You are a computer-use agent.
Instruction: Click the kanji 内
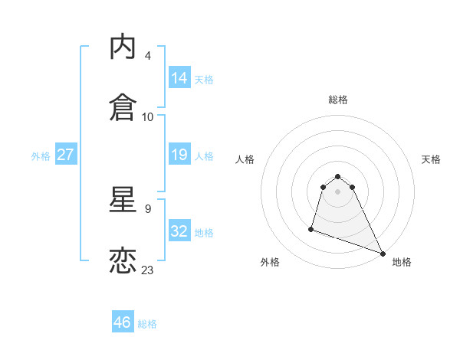coord(123,47)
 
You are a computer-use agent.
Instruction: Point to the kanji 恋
coord(123,260)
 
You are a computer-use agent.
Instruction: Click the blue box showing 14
coord(179,78)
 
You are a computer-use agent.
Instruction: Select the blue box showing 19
coord(179,155)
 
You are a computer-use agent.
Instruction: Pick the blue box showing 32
coord(179,231)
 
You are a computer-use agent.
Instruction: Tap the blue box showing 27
coord(65,155)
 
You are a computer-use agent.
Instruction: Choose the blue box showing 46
coord(123,322)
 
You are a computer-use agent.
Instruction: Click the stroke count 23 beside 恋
coord(148,270)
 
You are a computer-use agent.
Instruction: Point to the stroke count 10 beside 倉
coord(148,116)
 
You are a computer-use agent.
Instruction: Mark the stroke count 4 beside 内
coord(148,56)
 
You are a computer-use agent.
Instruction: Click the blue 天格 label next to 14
coord(204,80)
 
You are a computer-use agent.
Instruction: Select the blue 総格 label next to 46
coord(147,324)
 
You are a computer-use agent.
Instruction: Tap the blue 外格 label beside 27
coord(41,156)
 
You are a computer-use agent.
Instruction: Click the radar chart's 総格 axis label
coord(337,100)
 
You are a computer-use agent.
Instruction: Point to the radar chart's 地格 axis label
coord(402,262)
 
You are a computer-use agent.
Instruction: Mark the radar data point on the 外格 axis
coord(312,228)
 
